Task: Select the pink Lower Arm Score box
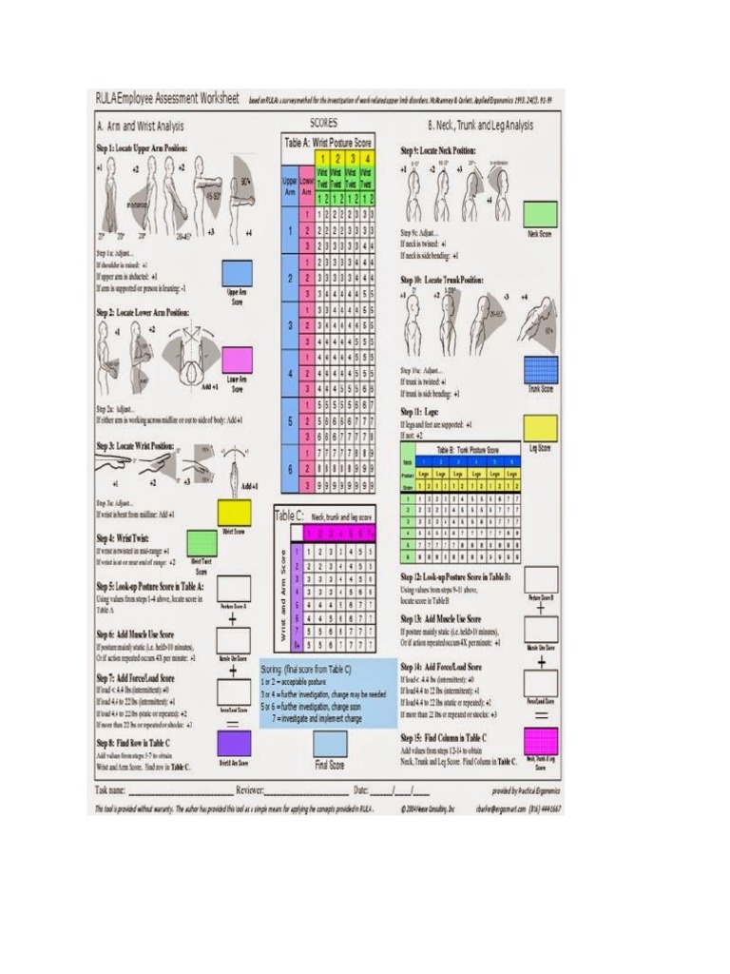[x=238, y=360]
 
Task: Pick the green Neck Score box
[x=541, y=213]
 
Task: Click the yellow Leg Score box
[x=541, y=427]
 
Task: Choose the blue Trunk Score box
[x=541, y=369]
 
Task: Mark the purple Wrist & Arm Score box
[x=234, y=742]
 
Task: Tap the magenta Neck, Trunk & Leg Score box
[x=541, y=741]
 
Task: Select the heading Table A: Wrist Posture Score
[x=327, y=141]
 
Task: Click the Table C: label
[x=287, y=515]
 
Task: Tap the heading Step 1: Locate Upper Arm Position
[x=142, y=148]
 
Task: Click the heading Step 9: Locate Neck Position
[x=437, y=150]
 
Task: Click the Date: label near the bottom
[x=362, y=790]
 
